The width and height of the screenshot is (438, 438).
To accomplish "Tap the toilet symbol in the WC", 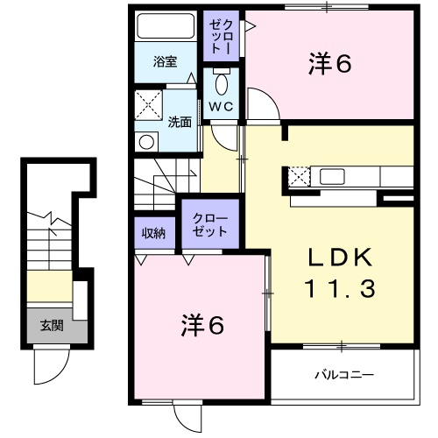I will pos(222,84).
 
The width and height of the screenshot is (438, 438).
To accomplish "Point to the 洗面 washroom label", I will pos(180,122).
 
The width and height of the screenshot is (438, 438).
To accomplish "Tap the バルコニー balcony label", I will pos(344,375).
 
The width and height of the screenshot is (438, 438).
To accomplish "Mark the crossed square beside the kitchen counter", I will pos(300,176).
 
